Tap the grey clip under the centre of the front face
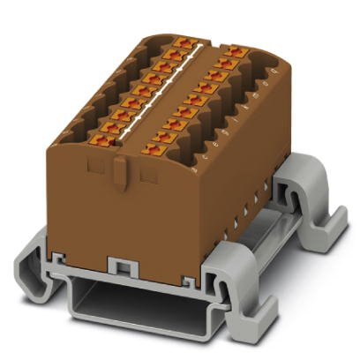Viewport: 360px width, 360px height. [120, 266]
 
